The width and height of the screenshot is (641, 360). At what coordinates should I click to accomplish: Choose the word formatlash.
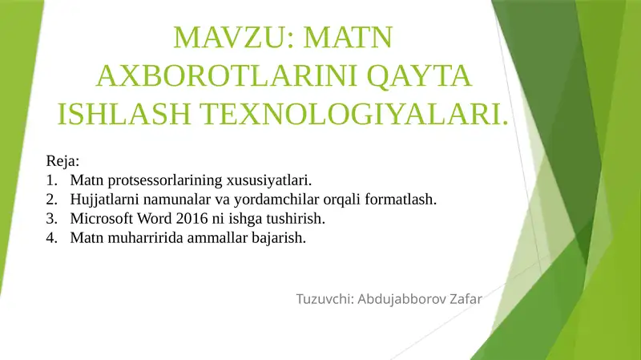402,199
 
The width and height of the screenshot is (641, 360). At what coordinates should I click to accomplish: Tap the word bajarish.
280,237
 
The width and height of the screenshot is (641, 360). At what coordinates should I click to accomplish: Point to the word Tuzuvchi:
325,300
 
